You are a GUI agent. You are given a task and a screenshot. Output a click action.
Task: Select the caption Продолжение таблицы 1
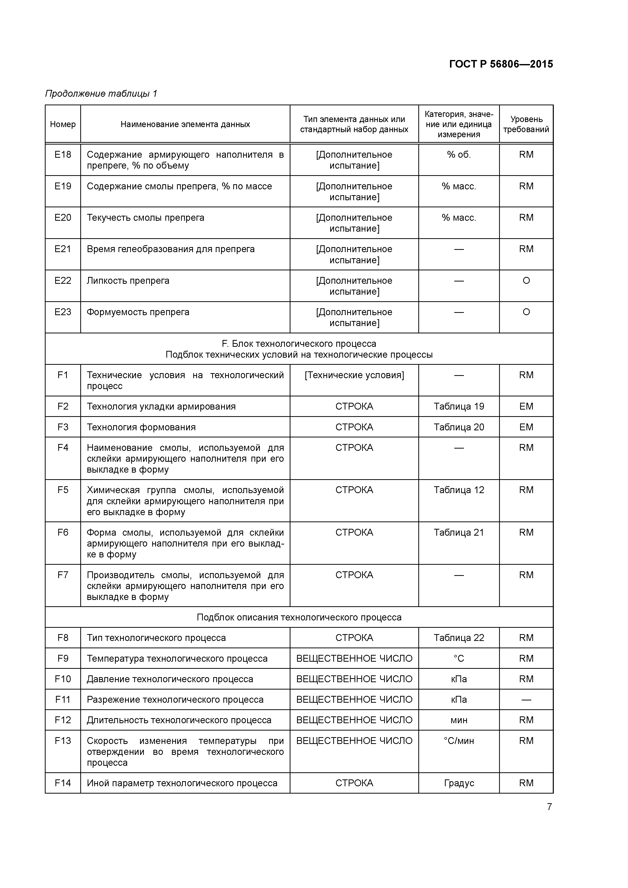[101, 94]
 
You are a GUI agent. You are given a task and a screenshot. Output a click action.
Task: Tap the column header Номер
[63, 124]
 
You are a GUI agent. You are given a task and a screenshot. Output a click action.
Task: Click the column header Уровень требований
[526, 124]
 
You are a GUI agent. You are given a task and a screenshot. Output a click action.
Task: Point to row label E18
[63, 155]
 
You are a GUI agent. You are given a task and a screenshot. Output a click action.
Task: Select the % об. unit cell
[459, 155]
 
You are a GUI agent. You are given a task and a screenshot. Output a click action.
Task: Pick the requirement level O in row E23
[526, 312]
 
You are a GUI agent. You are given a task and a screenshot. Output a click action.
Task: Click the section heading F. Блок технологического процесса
[299, 344]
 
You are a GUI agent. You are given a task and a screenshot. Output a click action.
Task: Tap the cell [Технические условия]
[354, 375]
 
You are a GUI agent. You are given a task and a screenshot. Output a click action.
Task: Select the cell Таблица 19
[459, 407]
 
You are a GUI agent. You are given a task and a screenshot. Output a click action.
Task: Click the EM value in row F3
[526, 427]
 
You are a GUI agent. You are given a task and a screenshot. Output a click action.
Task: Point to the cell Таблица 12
[459, 490]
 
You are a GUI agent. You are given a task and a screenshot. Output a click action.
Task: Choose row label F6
[63, 533]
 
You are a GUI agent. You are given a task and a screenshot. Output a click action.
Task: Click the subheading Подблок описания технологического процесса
[299, 617]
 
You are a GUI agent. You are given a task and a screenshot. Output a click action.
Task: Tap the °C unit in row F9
[459, 659]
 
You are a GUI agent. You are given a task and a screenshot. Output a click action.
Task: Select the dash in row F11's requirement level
[526, 700]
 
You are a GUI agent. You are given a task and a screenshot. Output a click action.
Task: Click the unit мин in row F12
[459, 720]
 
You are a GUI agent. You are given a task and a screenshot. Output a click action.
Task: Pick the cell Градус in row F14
[459, 783]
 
